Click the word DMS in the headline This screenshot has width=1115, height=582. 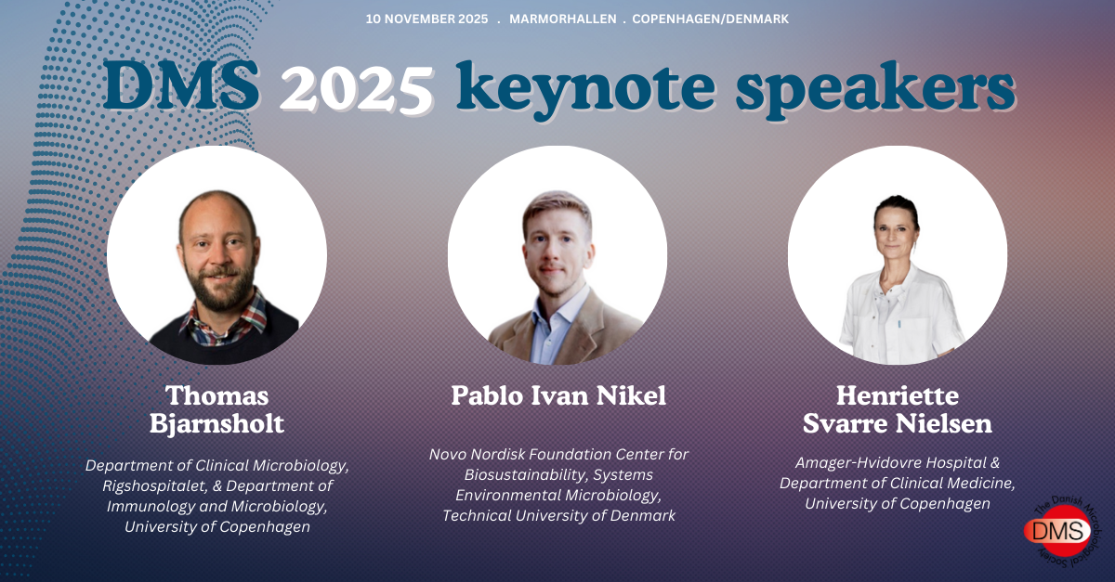181,86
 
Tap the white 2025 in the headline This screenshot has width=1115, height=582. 357,89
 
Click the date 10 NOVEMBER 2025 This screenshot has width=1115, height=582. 426,19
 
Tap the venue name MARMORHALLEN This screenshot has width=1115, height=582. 562,19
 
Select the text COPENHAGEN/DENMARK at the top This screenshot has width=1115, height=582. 710,19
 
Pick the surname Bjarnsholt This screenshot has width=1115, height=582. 217,424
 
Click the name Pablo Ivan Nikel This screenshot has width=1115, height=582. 558,396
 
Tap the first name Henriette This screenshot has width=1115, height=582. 898,396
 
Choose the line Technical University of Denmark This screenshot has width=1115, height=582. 558,516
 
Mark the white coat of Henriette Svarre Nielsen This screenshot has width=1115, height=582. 896,318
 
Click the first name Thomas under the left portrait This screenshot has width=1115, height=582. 217,396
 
